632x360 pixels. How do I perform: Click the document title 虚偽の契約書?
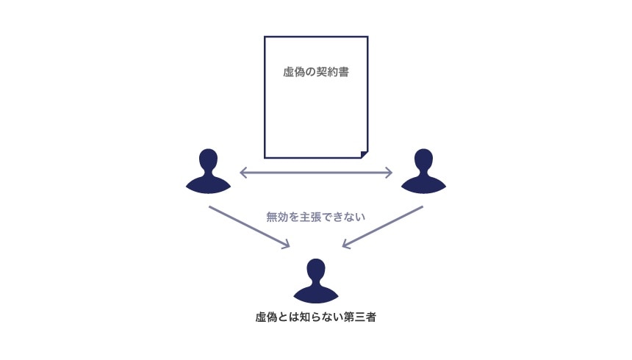click(315, 73)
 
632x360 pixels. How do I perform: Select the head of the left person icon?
click(209, 160)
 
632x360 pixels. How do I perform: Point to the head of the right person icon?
click(423, 160)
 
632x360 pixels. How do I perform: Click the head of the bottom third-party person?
click(316, 270)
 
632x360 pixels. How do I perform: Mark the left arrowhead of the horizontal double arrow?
click(243, 173)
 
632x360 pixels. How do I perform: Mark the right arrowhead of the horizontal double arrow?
click(389, 173)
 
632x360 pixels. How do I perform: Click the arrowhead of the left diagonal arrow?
click(287, 245)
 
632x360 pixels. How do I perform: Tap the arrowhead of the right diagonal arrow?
click(346, 245)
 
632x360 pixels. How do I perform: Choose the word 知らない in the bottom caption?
click(320, 318)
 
